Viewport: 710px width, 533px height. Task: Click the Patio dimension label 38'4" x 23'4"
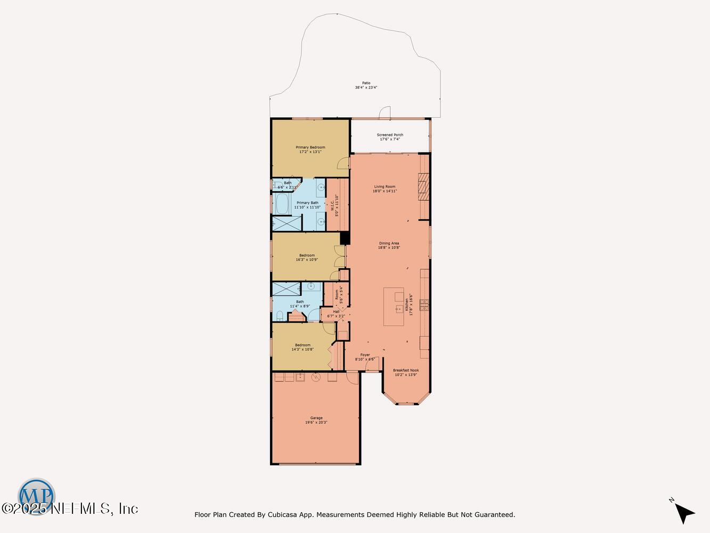coord(366,87)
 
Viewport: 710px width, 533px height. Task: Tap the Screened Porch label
coord(390,135)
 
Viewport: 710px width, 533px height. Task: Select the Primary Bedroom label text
coord(310,147)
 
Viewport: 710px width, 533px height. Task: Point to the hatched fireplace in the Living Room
coord(423,187)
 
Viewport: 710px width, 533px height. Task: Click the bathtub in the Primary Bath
coord(281,203)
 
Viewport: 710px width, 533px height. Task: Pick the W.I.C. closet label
coord(333,205)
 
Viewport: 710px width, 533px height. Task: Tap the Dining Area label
coord(389,243)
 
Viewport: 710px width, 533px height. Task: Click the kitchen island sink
coord(398,309)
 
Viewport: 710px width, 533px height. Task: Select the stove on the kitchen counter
coord(425,304)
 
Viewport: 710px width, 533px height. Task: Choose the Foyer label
coord(365,355)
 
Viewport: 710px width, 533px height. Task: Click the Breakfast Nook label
coord(406,370)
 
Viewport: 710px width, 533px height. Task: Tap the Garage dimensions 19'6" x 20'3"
coord(316,422)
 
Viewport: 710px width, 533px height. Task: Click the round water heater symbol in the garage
coord(315,377)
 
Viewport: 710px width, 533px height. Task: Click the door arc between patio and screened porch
coord(384,113)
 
